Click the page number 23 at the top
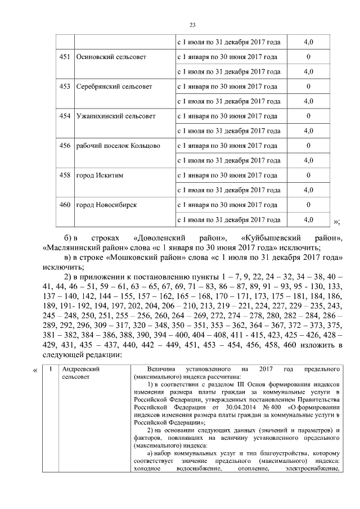click(192, 25)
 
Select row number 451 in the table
click(65, 57)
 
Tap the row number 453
click(65, 87)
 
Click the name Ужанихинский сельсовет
click(115, 116)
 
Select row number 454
click(65, 116)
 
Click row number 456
click(65, 146)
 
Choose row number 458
click(65, 175)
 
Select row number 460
click(65, 204)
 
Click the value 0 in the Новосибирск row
click(308, 204)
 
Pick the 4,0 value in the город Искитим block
click(308, 190)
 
